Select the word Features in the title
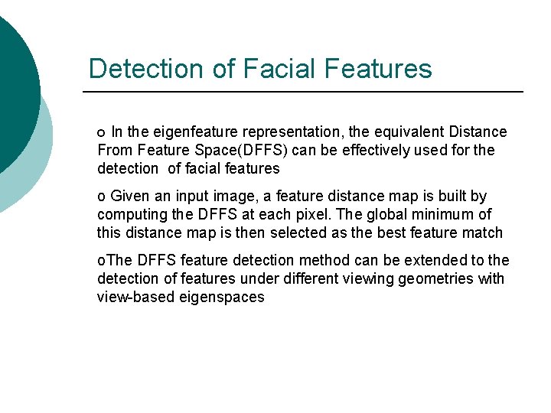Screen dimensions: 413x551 point(378,69)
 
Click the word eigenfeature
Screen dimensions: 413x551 point(184,132)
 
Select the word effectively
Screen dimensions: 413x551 point(354,151)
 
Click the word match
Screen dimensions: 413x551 point(484,233)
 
